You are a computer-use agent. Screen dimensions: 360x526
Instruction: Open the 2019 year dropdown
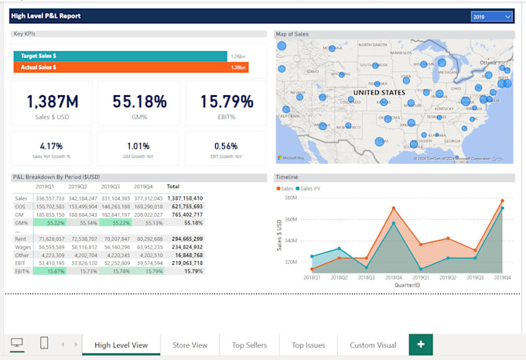[x=492, y=15]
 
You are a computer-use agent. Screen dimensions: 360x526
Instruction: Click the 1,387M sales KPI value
[x=52, y=101]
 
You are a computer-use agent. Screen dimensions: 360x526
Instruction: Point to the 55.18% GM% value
[x=139, y=101]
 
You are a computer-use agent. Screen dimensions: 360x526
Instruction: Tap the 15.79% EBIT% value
[x=227, y=101]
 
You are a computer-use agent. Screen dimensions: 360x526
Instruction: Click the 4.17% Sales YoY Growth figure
[x=51, y=145]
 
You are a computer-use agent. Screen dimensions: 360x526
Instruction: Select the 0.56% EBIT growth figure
[x=226, y=145]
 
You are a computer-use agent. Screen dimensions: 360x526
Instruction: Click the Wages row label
[x=23, y=247]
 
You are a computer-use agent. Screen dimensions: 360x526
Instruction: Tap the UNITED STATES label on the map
[x=378, y=92]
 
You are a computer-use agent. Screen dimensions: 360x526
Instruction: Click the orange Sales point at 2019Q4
[x=502, y=201]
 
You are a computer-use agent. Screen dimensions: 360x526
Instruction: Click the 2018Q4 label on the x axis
[x=394, y=276]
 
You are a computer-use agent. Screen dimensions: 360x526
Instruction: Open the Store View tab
[x=190, y=345]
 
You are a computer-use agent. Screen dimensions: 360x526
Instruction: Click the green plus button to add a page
[x=421, y=345]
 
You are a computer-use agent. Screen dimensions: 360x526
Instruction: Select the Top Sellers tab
[x=249, y=345]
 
